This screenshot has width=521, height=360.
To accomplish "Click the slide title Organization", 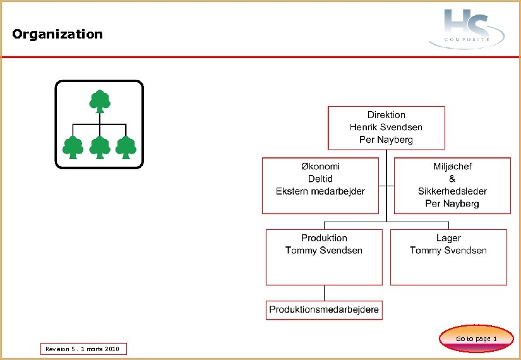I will [x=57, y=34].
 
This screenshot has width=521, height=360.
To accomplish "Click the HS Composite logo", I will [x=467, y=28].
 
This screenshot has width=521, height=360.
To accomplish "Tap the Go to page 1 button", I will [x=476, y=339].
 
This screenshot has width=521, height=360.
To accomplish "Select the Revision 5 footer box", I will [x=83, y=349].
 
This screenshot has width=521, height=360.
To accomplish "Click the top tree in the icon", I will [x=99, y=101].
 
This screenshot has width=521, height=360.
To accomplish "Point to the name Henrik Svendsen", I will [x=386, y=127].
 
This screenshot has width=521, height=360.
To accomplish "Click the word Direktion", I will [x=386, y=115].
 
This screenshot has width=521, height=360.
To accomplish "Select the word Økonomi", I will [x=320, y=166].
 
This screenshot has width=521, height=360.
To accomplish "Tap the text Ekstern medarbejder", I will [x=320, y=191].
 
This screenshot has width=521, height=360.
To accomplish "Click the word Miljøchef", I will [x=452, y=166].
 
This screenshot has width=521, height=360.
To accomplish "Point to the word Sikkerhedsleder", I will [x=452, y=191].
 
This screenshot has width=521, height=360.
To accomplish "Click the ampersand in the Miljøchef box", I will [x=452, y=179].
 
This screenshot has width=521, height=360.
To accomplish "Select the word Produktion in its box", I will [x=324, y=238].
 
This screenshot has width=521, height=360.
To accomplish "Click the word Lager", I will [x=448, y=238].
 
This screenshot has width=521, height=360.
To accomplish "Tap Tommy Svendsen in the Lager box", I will [x=448, y=250].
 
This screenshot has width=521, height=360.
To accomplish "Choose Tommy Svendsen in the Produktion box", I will [x=324, y=250].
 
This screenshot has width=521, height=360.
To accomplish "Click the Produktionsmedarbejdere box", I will [x=324, y=309].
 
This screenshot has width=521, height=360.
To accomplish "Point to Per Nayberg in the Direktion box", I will [x=386, y=139].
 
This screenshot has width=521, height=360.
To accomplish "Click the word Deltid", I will [x=320, y=179].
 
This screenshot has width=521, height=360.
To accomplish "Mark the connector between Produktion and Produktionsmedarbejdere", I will [x=324, y=293].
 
